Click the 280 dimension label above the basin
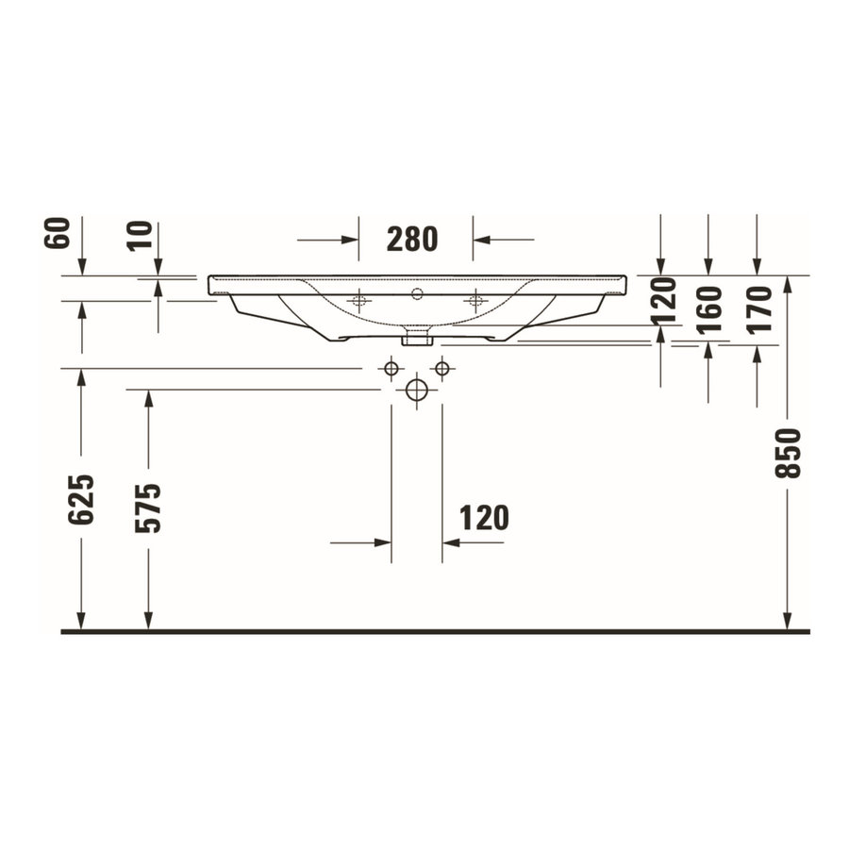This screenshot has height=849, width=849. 412,240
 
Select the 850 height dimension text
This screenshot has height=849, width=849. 788,453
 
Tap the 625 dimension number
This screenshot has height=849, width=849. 81,499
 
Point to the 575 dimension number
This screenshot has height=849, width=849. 148,508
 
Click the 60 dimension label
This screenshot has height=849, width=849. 58,233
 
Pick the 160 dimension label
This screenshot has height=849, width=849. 710,308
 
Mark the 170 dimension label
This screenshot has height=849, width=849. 758,308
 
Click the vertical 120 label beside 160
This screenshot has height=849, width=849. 665,300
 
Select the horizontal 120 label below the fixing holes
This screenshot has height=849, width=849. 483,517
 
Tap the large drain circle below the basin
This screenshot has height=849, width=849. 416,390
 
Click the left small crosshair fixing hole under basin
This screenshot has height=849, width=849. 391,368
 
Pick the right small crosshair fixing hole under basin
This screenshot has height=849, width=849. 441,368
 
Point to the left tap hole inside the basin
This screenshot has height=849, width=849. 358,301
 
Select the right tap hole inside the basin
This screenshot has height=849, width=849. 475,301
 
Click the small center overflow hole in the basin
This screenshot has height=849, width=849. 416,293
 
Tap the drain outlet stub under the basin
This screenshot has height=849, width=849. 416,335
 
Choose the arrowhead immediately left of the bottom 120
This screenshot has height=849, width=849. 383,542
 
